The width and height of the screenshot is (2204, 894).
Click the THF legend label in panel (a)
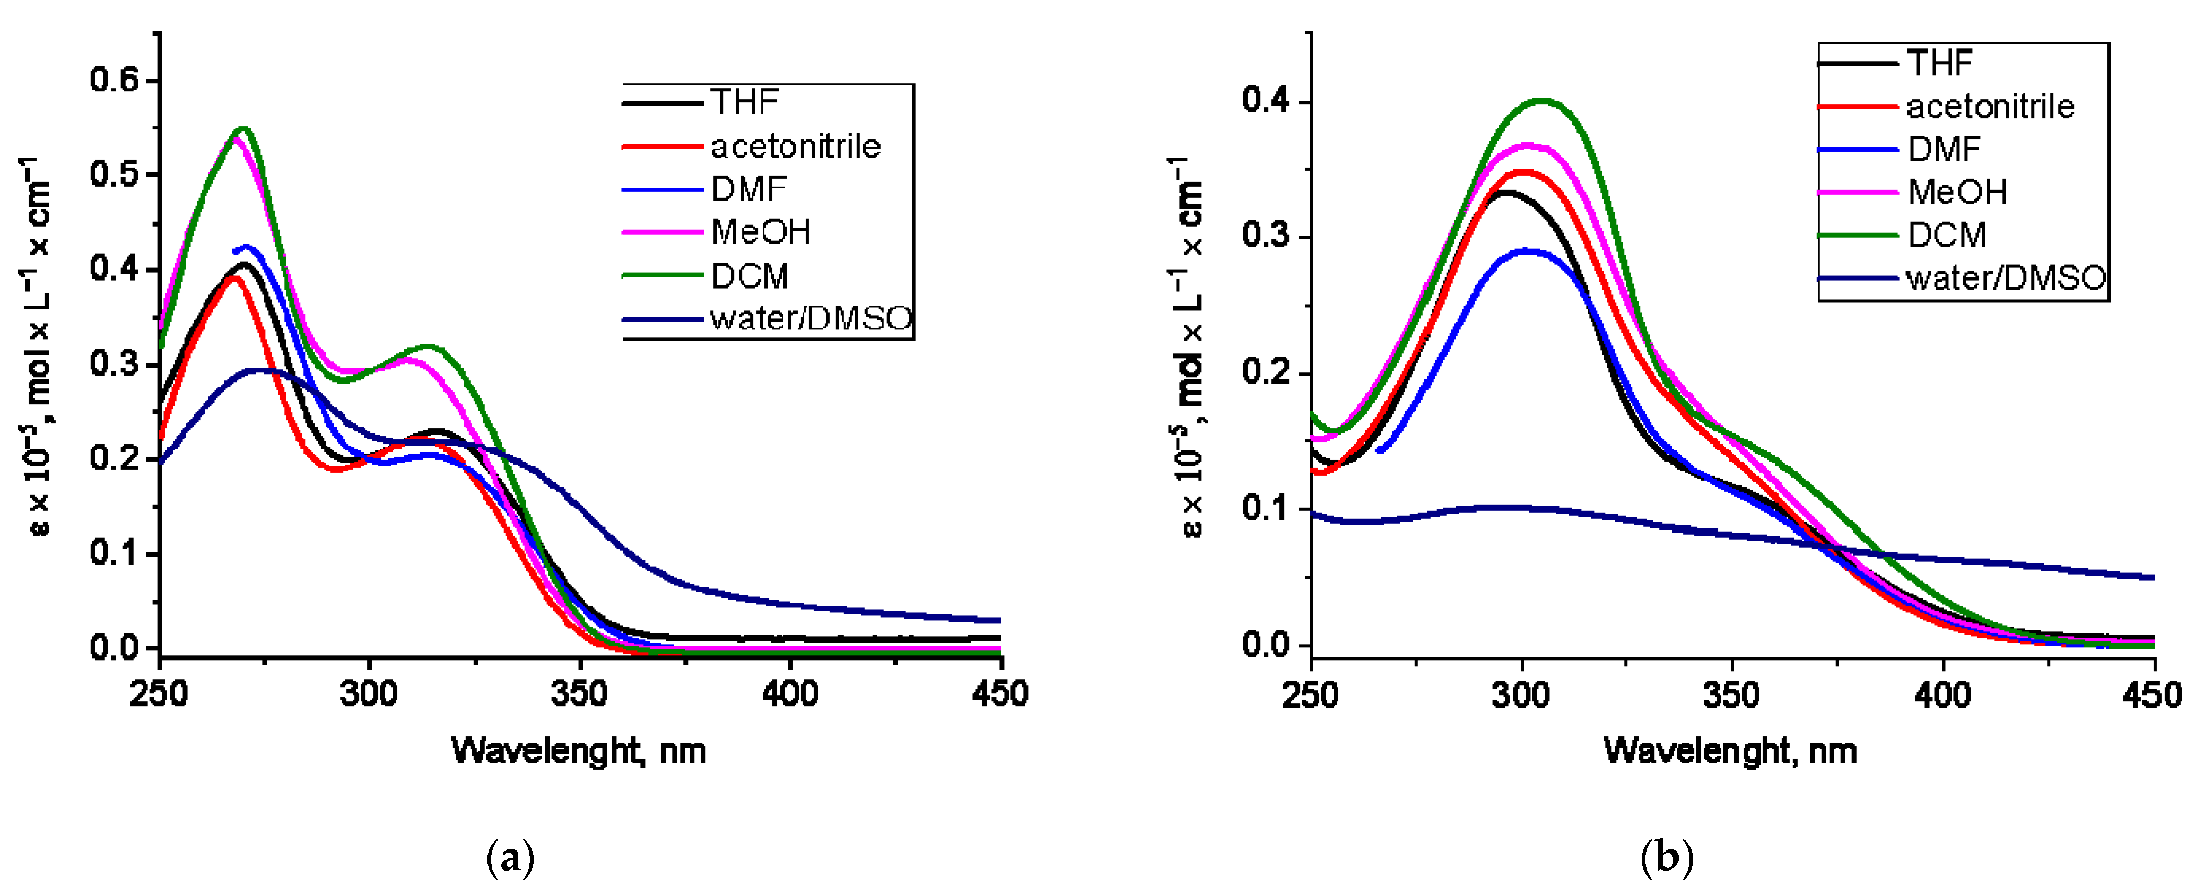point(744,102)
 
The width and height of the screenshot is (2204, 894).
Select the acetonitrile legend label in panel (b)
point(1990,107)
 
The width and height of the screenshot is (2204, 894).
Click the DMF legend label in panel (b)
point(1944,150)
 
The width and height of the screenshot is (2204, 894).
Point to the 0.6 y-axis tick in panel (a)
point(114,81)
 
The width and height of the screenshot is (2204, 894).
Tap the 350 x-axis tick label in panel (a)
point(579,693)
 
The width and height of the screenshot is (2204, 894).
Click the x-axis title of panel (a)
point(579,751)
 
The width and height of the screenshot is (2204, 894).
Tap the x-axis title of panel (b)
point(1730,751)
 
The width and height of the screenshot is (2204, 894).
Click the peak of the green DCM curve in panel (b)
point(1542,100)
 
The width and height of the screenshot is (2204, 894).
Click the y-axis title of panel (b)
point(1192,346)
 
